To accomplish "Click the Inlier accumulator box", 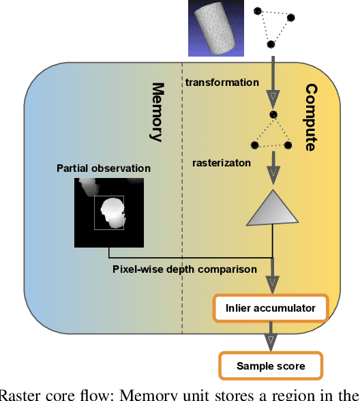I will [271, 308].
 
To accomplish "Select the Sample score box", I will [271, 366].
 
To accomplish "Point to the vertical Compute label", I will [311, 117].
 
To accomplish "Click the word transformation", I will [222, 83].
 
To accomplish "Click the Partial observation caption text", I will [104, 168].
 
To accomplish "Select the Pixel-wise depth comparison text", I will [185, 269].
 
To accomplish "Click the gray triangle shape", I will [272, 209].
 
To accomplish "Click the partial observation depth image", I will [109, 211].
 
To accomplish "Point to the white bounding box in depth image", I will [110, 213].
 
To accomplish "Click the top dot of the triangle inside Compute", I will [273, 115].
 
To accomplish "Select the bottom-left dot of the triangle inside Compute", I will [255, 145].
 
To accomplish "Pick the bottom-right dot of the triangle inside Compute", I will [288, 145].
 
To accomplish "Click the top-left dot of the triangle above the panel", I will [257, 12].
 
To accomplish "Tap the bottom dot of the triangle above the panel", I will [271, 44].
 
